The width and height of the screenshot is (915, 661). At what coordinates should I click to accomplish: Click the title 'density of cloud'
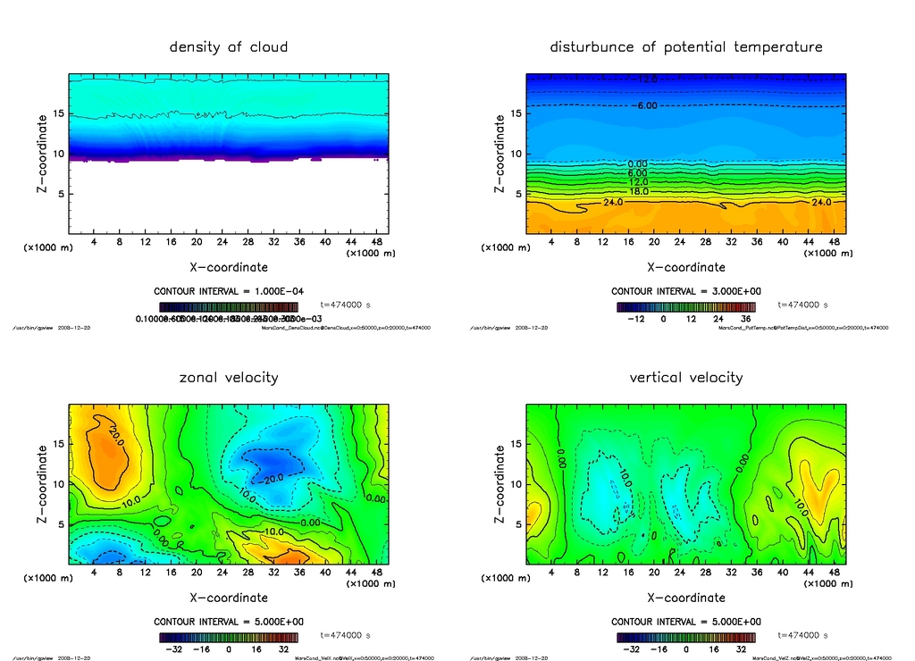pos(229,46)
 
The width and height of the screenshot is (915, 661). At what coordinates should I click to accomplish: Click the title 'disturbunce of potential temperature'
pos(686,46)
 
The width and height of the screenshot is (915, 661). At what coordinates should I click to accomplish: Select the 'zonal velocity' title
pos(229,377)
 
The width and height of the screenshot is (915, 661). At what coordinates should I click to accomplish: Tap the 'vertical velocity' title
pos(686,377)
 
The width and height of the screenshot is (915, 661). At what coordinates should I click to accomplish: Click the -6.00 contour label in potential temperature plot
pos(646,105)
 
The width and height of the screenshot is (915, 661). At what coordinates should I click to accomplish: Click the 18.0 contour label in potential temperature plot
pos(638,191)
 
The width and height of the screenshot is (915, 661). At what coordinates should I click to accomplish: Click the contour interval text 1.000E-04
pos(229,291)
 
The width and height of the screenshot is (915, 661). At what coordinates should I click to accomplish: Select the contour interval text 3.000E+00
pos(686,291)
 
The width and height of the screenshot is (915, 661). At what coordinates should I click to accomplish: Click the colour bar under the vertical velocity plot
pos(686,637)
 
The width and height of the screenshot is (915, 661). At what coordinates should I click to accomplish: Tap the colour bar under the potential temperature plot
pos(686,306)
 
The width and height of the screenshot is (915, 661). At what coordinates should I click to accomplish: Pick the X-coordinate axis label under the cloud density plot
pos(229,267)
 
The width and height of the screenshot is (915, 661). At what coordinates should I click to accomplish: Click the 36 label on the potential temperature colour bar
pos(743,318)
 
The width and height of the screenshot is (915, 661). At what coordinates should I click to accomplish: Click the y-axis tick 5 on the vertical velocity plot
pos(515,524)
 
